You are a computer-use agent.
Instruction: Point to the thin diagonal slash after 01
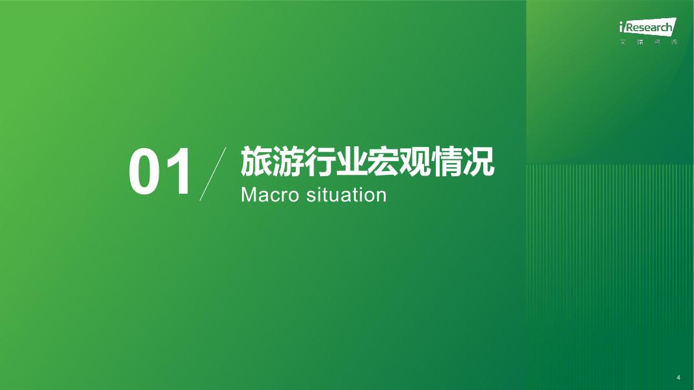213,174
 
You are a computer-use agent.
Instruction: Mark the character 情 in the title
447,161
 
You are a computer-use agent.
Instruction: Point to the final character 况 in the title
479,161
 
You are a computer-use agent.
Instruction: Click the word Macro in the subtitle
270,195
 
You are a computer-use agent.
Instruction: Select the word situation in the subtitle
347,195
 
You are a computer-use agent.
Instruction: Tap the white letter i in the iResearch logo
622,27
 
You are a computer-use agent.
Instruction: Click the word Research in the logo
650,27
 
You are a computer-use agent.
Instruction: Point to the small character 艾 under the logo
623,42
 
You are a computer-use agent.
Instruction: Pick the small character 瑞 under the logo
640,42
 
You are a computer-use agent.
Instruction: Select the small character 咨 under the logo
658,42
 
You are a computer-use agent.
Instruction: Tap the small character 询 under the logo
674,42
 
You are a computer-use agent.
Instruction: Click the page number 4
678,377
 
